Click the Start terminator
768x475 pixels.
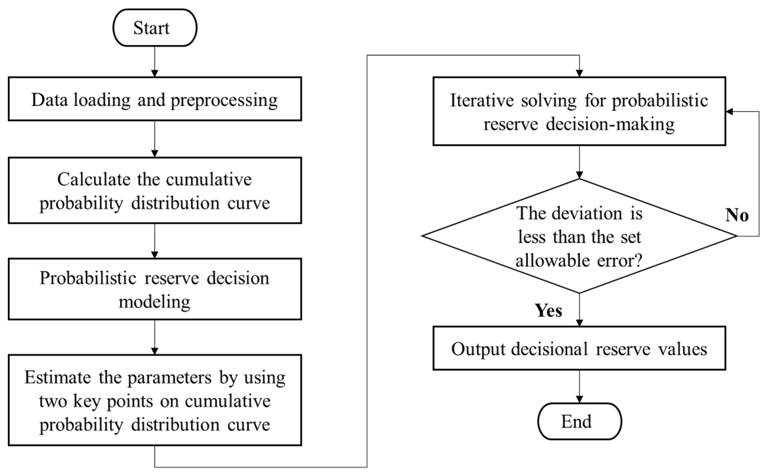pyautogui.click(x=155, y=28)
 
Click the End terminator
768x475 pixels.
pyautogui.click(x=579, y=421)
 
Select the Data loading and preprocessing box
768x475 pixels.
pyautogui.click(x=155, y=99)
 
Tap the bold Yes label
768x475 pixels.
pyautogui.click(x=548, y=311)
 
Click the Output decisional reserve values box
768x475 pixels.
pyautogui.click(x=579, y=349)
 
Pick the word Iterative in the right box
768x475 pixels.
pyautogui.click(x=482, y=100)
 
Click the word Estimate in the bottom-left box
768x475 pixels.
pyautogui.click(x=58, y=377)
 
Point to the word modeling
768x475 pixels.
pyautogui.click(x=154, y=302)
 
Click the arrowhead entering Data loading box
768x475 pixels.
pyautogui.click(x=155, y=73)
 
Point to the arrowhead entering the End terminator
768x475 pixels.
pyautogui.click(x=579, y=399)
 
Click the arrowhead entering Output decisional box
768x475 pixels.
pyautogui.click(x=579, y=323)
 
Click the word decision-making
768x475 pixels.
pyautogui.click(x=610, y=124)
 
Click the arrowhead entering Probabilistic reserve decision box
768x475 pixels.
pyautogui.click(x=155, y=255)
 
